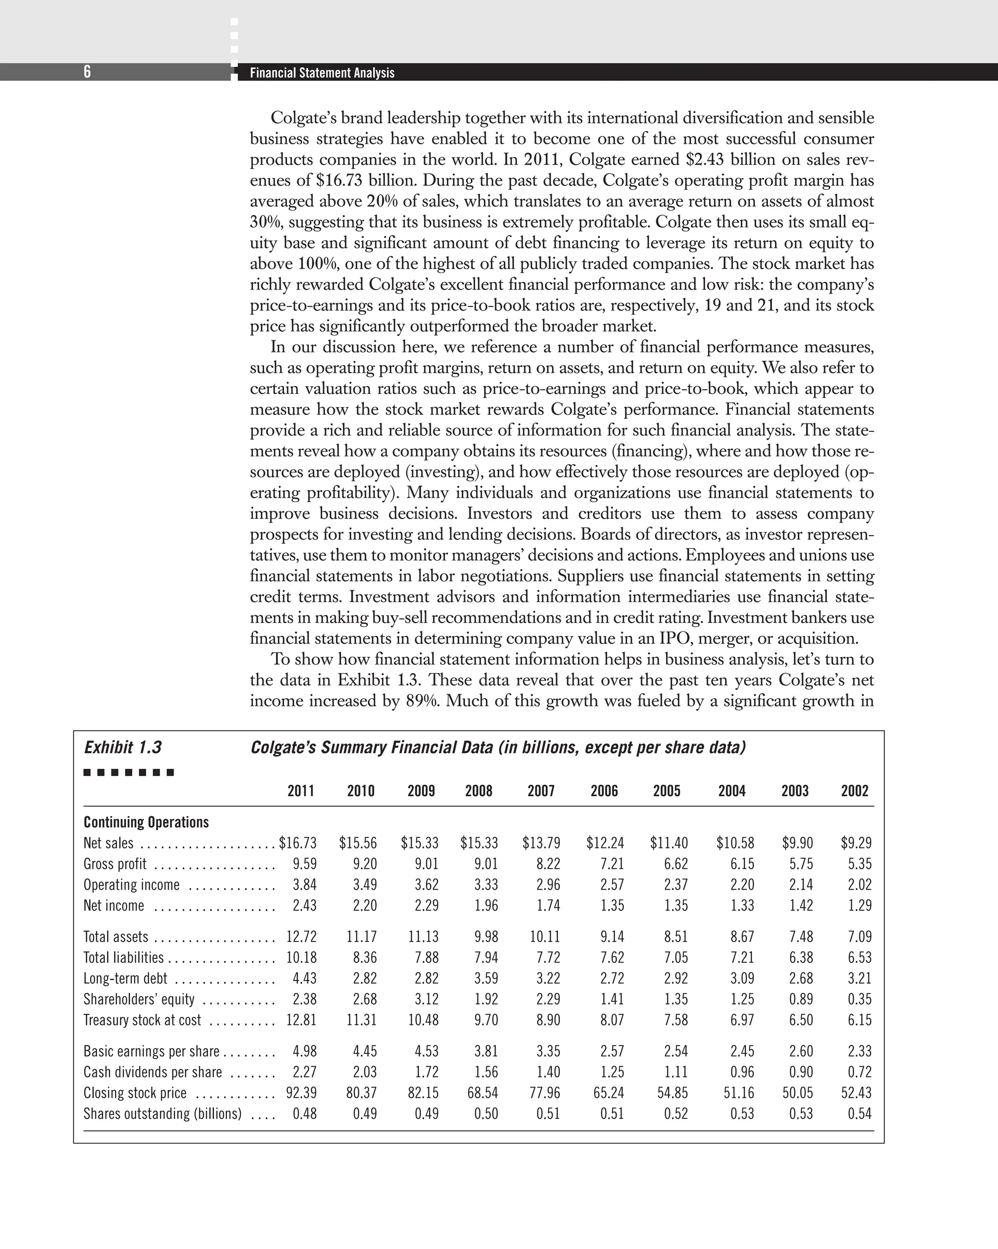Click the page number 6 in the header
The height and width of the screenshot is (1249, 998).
[87, 72]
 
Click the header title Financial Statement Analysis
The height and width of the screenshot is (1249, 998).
[322, 73]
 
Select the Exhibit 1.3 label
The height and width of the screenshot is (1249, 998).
[123, 747]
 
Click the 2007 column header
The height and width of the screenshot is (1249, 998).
[541, 791]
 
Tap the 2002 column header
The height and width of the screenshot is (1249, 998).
[855, 791]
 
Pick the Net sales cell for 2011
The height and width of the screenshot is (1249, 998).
[298, 843]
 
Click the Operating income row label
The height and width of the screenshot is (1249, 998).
[132, 885]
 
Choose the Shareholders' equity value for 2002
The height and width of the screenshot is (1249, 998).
[860, 999]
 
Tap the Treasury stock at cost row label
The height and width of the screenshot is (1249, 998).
[142, 1020]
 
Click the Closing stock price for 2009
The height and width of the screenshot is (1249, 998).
[423, 1093]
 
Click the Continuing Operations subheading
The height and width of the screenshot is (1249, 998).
[146, 822]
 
